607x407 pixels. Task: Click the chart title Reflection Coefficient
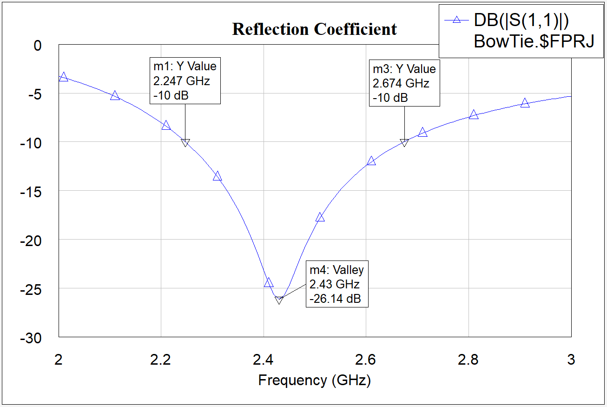coord(315,29)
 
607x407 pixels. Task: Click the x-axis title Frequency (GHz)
coord(315,380)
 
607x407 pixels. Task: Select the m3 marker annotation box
coord(404,83)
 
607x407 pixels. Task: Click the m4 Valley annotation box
coord(337,284)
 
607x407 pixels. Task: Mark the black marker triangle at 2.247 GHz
coord(185,143)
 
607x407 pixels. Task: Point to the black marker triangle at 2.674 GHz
coord(404,143)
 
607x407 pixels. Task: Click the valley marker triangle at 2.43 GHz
coord(279,300)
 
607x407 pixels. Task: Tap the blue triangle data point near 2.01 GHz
coord(64,77)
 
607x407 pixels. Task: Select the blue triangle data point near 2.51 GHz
coord(320,217)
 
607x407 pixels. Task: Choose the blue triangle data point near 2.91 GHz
coord(525,103)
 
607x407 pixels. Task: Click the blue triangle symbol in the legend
coord(456,20)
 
